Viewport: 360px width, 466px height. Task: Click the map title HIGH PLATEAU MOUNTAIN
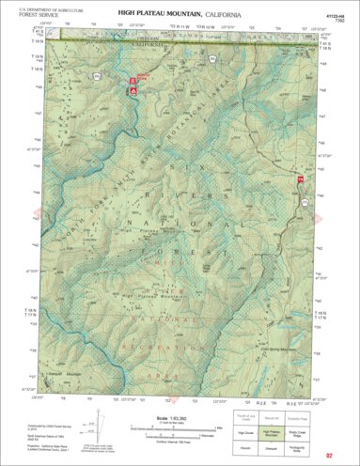[x=158, y=13]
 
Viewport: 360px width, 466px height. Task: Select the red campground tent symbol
[x=133, y=90]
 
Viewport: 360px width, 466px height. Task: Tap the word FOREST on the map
[x=200, y=254]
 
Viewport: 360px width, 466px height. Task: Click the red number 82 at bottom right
[x=328, y=456]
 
